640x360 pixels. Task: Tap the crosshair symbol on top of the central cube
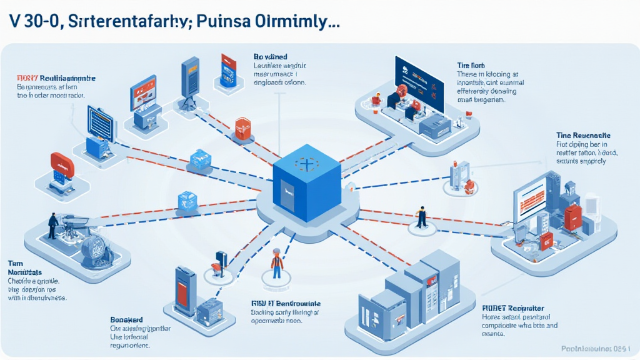click(306, 164)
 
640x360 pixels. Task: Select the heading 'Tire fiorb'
click(471, 65)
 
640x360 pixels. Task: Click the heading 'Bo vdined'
click(271, 55)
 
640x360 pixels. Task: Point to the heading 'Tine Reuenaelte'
click(583, 135)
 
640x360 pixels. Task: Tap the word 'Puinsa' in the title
click(223, 20)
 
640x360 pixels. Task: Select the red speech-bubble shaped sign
click(62, 163)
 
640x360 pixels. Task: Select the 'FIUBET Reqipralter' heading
click(513, 308)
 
